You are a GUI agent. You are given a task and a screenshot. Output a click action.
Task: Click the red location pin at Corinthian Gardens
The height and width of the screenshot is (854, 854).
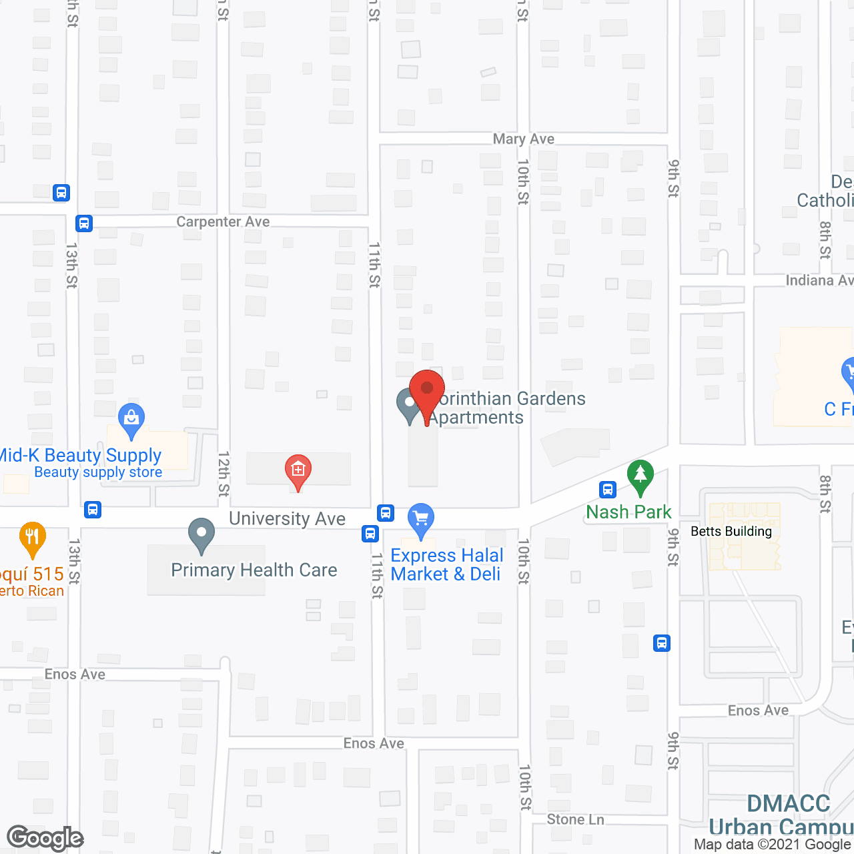[x=427, y=390]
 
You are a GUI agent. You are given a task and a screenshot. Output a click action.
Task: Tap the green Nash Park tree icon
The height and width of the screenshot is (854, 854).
[x=640, y=476]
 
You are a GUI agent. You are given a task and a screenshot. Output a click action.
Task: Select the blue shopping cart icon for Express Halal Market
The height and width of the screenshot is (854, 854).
[x=421, y=518]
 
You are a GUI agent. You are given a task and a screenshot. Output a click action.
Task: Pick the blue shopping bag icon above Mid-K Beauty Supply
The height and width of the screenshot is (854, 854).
[x=131, y=420]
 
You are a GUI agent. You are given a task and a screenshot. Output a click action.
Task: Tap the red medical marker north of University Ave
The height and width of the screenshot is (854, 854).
[x=298, y=470]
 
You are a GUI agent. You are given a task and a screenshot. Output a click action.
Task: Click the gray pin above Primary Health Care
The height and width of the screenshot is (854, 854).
[x=201, y=534]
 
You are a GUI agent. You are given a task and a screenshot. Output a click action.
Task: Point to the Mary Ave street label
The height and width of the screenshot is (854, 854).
[x=524, y=139]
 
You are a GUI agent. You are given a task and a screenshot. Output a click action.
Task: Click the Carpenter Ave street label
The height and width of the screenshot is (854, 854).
[x=223, y=222]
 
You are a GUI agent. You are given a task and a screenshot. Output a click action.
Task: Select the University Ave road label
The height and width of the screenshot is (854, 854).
[x=287, y=518]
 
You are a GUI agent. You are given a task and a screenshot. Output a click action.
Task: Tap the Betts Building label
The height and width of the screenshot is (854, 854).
[x=731, y=531]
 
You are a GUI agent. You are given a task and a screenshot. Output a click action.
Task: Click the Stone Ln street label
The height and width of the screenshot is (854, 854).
[x=575, y=819]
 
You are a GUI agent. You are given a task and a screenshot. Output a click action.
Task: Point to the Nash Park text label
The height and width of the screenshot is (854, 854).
[x=628, y=512]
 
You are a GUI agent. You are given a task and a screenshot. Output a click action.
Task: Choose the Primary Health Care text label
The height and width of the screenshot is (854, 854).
[x=254, y=570]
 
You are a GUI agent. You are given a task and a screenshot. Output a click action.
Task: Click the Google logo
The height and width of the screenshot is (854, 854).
[x=45, y=838]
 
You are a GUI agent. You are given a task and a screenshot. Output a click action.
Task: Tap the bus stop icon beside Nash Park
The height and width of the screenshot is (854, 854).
[x=607, y=490]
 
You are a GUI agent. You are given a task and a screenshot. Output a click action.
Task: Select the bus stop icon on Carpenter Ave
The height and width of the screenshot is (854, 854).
[x=84, y=223]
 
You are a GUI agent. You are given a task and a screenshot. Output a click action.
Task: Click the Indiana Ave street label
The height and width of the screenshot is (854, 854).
[x=819, y=280]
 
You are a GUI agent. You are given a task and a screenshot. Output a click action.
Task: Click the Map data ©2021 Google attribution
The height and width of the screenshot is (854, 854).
[x=772, y=845]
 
